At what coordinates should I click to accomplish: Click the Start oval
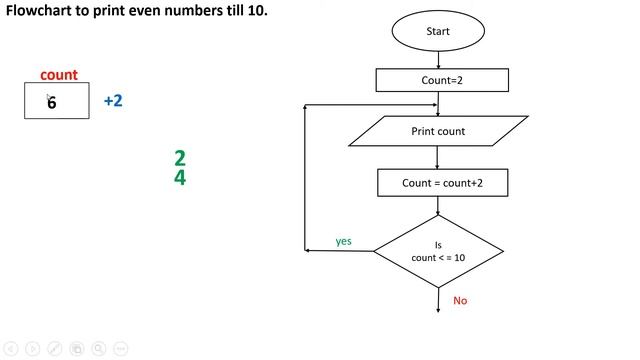tap(438, 31)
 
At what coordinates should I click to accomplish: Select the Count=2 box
tap(438, 79)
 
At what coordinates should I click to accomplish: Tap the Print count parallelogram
tap(438, 131)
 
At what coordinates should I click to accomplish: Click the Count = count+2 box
tap(438, 183)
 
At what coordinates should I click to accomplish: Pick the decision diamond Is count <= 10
tap(438, 250)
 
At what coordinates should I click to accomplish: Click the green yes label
tap(343, 241)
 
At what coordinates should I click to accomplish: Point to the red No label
tap(460, 300)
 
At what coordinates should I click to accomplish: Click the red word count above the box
tap(59, 75)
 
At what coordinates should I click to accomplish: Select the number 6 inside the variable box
tap(52, 102)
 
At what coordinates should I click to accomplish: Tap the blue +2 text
tap(113, 101)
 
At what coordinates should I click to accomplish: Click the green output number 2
tap(180, 158)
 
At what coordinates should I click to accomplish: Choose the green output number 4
tap(180, 179)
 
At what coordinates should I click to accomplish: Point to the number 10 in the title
tap(256, 11)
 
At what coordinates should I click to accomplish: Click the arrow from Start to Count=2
tap(438, 59)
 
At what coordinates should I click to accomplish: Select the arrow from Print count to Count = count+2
tap(438, 157)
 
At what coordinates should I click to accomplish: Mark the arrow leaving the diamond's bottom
tap(438, 300)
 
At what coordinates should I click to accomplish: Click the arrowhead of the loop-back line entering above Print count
tap(431, 104)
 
